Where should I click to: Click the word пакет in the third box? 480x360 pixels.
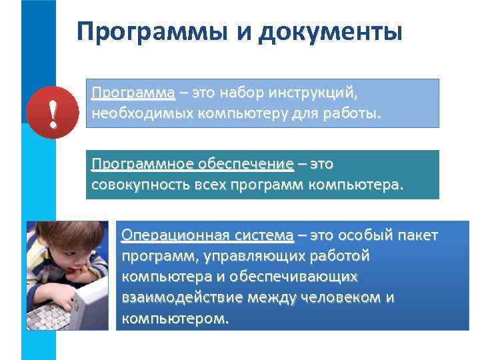(417, 235)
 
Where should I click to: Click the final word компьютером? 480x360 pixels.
(175, 318)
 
